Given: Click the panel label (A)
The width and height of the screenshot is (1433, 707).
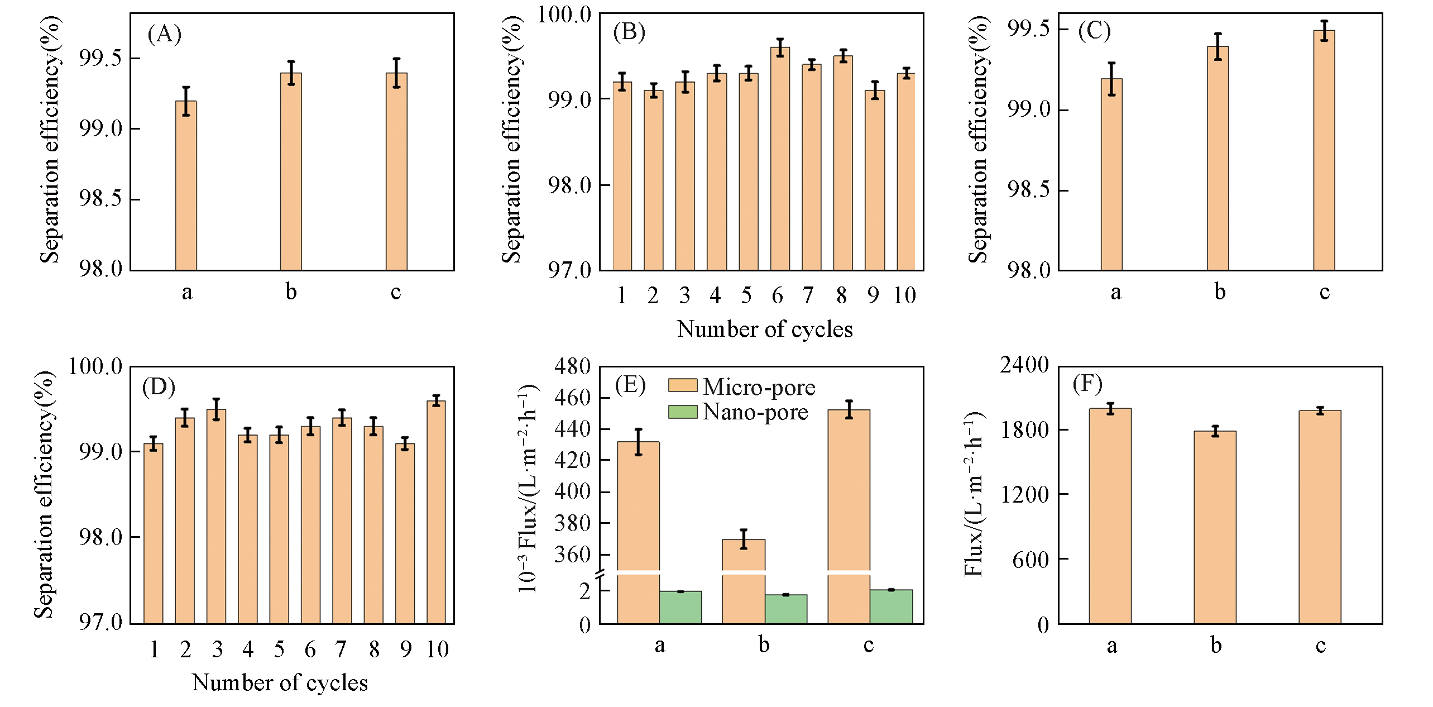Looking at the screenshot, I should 164,34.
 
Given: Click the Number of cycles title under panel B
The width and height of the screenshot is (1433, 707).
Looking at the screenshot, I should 764,329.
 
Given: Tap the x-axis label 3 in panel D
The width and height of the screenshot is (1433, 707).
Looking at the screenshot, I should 217,649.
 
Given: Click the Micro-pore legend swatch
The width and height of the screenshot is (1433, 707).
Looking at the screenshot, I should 682,385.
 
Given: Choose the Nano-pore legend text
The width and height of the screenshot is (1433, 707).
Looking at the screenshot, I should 755,412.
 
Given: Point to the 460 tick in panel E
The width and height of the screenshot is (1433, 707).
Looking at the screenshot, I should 572,398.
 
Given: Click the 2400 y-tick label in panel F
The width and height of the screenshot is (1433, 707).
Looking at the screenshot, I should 1024,365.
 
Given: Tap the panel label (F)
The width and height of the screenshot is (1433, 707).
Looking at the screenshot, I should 1087,384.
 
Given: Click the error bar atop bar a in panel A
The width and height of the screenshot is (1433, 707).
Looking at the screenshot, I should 186,101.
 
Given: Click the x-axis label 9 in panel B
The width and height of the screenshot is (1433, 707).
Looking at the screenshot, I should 873,295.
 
